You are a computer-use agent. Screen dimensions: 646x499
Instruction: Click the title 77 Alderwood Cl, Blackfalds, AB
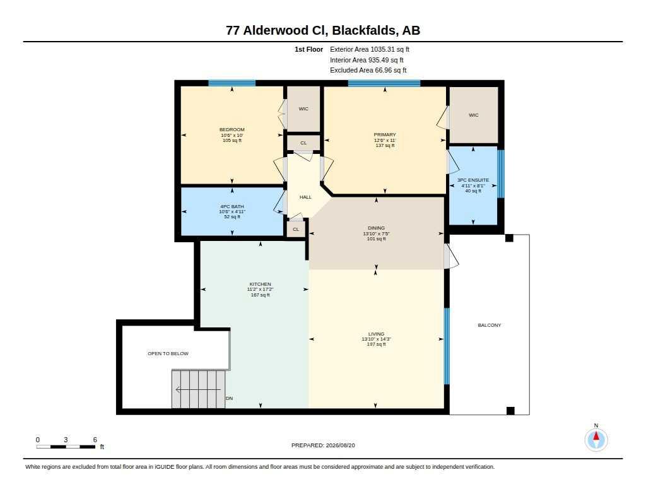tap(323, 30)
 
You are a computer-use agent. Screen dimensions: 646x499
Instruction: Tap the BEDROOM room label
tap(232, 130)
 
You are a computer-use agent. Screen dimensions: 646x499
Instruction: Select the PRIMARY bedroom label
tap(385, 135)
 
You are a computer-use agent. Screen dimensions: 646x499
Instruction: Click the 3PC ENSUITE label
tap(473, 180)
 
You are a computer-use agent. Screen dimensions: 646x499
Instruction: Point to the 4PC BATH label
tap(232, 206)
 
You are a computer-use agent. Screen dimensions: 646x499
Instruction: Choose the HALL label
tap(305, 197)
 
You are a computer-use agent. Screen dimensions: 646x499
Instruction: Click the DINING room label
tap(376, 228)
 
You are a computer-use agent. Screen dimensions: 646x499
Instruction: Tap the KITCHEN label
tap(260, 284)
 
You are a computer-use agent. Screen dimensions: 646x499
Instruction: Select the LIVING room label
tap(376, 334)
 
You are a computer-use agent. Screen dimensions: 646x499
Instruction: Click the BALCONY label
tap(490, 325)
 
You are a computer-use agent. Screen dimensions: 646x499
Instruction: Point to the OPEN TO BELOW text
tap(168, 353)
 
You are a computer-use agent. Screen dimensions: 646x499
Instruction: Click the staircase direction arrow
tap(198, 389)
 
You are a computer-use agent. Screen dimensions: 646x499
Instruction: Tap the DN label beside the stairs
tap(230, 399)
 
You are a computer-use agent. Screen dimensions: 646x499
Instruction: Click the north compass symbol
tap(596, 440)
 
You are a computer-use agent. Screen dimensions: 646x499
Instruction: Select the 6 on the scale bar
tap(95, 440)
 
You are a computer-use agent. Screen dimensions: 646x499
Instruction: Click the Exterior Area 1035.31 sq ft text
tap(370, 49)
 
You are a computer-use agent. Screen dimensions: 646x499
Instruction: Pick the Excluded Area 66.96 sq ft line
tap(368, 71)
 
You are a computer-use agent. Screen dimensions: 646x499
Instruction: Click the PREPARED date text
tap(323, 445)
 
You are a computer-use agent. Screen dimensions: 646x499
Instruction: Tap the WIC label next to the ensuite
tap(474, 115)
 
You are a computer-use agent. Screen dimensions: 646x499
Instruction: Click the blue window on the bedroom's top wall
tap(232, 83)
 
